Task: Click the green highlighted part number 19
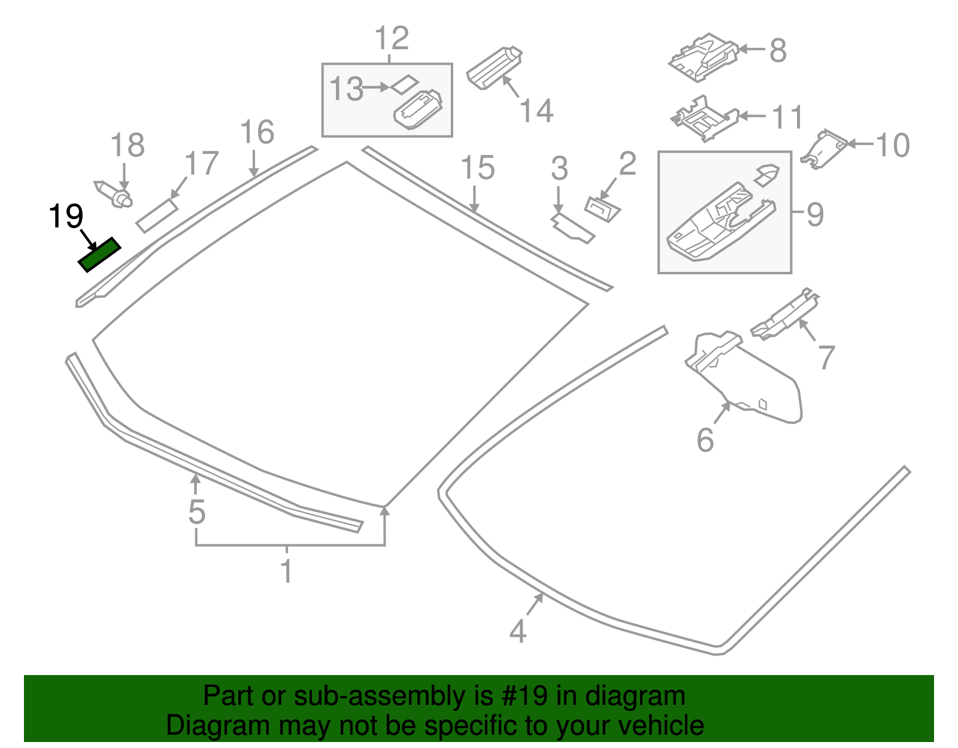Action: (x=99, y=255)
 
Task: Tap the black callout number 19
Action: (x=66, y=216)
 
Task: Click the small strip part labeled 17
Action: (x=157, y=216)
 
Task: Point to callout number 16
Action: (x=257, y=132)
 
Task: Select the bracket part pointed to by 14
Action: (x=493, y=66)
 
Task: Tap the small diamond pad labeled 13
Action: (x=405, y=84)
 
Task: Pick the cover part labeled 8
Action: (x=703, y=57)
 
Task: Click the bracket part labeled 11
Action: (x=704, y=119)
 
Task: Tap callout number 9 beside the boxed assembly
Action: (x=814, y=214)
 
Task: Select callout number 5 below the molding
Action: (x=196, y=512)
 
